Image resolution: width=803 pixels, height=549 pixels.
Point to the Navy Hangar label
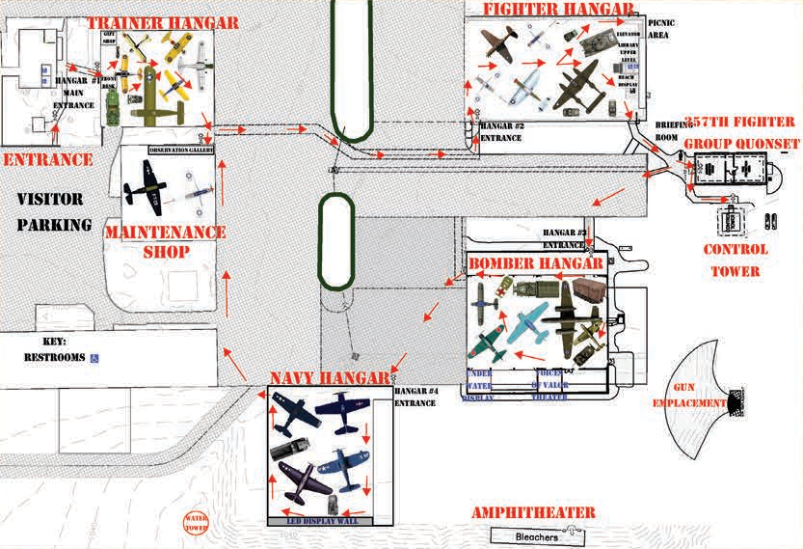pos(330,377)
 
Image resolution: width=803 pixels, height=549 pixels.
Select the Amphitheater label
pos(533,513)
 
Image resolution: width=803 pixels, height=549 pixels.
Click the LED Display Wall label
pos(329,521)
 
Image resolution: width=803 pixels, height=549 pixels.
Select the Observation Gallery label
pos(181,151)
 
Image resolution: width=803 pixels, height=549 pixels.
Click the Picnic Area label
pos(660,27)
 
